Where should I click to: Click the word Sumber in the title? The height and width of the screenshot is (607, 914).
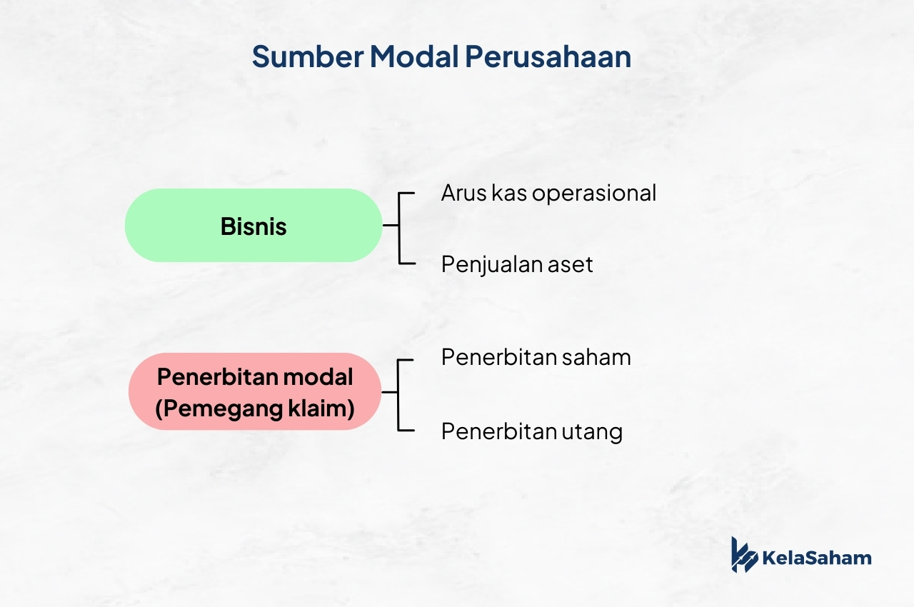[308, 56]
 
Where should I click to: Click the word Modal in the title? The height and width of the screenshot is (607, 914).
[414, 56]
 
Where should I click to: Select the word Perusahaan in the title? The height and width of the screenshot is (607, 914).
[548, 57]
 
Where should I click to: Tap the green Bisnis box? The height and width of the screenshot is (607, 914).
[253, 225]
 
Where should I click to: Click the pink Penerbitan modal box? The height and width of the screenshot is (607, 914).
[255, 391]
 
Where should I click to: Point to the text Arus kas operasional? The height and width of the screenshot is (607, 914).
[548, 194]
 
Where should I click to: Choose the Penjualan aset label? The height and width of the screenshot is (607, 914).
[517, 265]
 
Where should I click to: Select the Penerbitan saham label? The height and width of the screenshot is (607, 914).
[536, 357]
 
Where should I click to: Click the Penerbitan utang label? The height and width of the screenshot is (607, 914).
[532, 431]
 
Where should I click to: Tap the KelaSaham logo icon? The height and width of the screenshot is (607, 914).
[744, 555]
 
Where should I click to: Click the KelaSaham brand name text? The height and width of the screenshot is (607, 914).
[816, 558]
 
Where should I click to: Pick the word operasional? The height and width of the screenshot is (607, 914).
[594, 194]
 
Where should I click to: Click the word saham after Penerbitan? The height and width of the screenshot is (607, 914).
[596, 358]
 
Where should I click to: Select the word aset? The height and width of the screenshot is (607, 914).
[570, 266]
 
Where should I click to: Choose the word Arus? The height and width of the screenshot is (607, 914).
[463, 194]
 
